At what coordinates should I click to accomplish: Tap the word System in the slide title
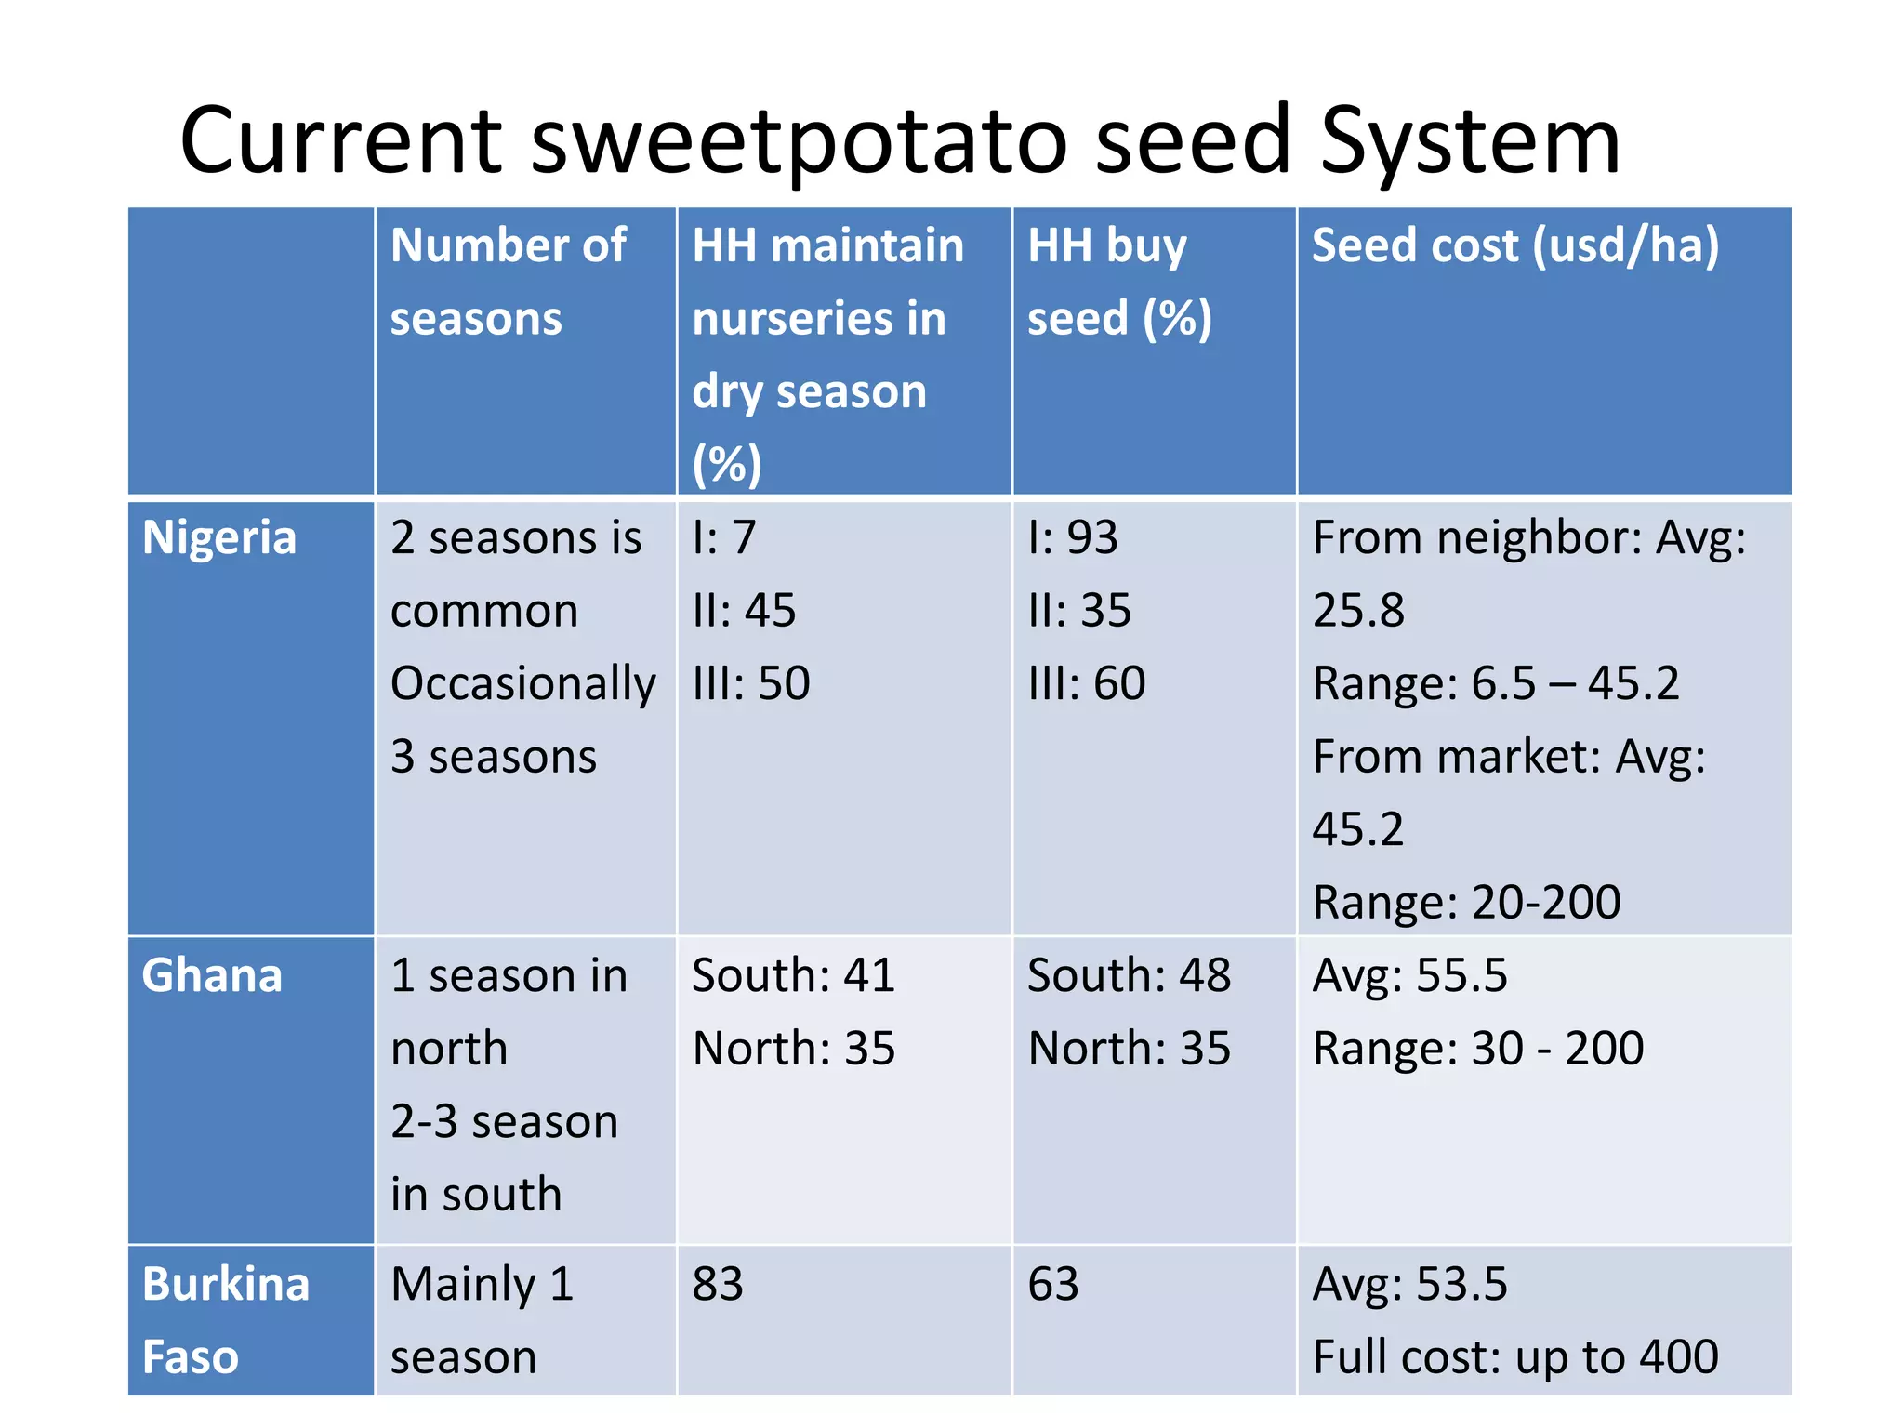[1470, 141]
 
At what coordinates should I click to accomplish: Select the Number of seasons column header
[508, 282]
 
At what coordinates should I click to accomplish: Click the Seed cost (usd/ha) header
[1514, 246]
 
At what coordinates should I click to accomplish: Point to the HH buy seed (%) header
[1119, 282]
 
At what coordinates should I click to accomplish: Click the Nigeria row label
[219, 538]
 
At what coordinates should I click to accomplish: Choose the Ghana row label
[212, 976]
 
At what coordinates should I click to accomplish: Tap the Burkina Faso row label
[225, 1320]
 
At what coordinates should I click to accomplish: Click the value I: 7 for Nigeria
[724, 538]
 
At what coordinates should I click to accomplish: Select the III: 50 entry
[751, 684]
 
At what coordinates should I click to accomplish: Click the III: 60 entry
[1086, 684]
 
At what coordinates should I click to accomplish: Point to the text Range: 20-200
[1466, 903]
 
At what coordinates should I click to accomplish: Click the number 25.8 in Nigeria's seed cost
[1358, 611]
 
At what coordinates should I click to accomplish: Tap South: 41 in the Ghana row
[793, 976]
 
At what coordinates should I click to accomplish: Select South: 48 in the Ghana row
[1129, 976]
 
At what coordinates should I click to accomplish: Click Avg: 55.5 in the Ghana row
[1409, 976]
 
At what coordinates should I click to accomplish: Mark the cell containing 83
[718, 1285]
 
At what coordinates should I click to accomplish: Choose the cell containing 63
[1052, 1285]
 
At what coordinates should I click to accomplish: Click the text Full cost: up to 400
[1514, 1357]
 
